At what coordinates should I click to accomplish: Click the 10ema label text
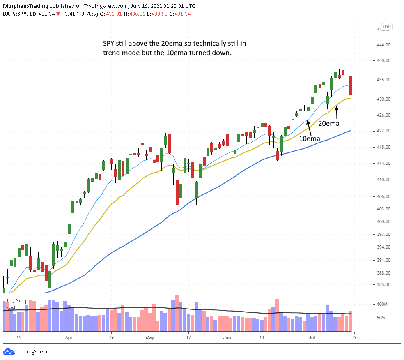(309, 138)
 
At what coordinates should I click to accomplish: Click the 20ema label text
(328, 122)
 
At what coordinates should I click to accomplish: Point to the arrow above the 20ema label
(337, 112)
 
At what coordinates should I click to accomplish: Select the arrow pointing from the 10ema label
(308, 127)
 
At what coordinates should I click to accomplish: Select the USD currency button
(386, 27)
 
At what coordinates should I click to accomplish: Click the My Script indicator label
(18, 300)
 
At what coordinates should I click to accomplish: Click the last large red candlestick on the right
(351, 85)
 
